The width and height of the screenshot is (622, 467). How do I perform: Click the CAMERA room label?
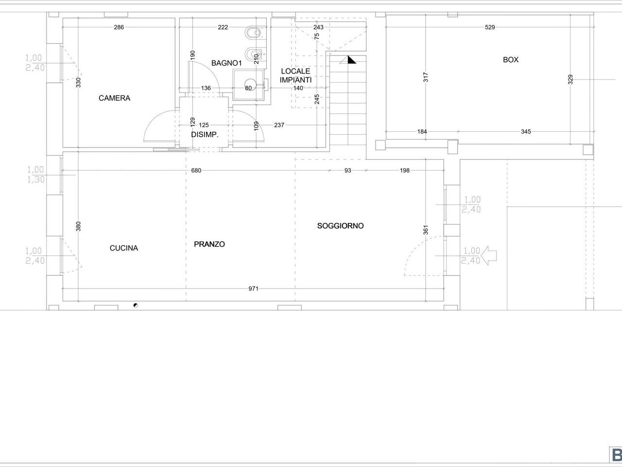tap(115, 98)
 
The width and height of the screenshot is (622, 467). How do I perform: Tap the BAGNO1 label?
tap(226, 63)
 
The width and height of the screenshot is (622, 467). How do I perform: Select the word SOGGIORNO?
tap(340, 226)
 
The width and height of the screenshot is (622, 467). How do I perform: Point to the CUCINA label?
tap(124, 248)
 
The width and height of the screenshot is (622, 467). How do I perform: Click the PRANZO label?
tap(209, 244)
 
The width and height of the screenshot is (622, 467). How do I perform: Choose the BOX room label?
tap(511, 60)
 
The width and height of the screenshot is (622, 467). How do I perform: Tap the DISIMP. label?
tap(205, 135)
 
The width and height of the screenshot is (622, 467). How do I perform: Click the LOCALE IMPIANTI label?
tap(295, 75)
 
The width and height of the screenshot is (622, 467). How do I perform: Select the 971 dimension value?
tap(253, 288)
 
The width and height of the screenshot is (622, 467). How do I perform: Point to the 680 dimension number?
tap(196, 170)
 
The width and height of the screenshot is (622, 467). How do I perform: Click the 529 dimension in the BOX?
tap(490, 27)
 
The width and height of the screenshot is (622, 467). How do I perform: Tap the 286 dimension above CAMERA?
tap(119, 27)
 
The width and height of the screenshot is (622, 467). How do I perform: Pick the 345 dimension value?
tap(526, 131)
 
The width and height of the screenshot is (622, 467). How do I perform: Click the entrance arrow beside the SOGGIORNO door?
tap(489, 255)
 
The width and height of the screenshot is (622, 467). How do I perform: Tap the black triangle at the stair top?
tap(352, 60)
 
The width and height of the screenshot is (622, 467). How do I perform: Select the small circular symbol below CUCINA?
tap(136, 305)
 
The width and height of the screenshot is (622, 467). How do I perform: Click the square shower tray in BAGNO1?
tap(248, 85)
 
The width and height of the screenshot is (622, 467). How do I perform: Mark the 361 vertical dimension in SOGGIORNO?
tap(426, 230)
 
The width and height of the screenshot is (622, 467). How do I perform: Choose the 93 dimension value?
tap(348, 170)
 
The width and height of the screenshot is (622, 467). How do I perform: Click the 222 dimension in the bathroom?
tap(223, 27)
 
